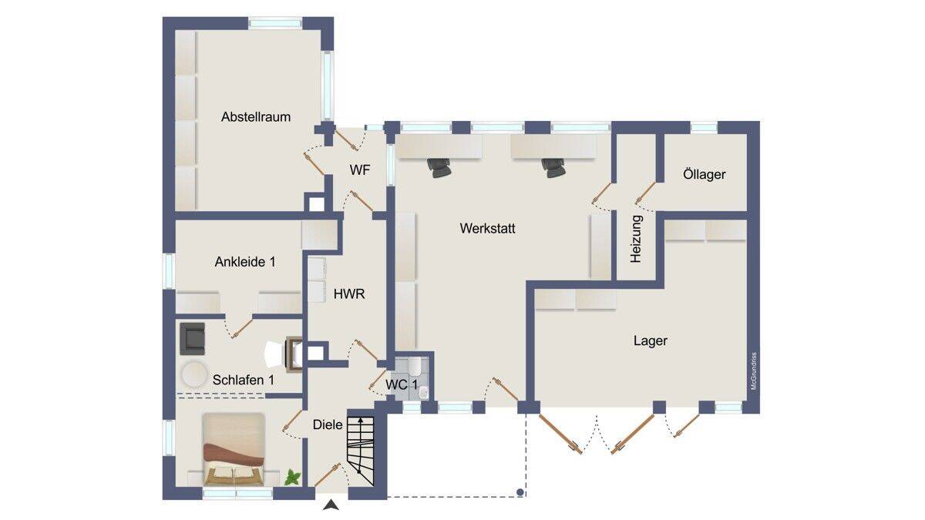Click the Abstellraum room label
coord(256,117)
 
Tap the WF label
coord(360,170)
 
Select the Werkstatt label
coord(487,228)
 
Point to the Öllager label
coord(704,174)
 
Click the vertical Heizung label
coord(636,240)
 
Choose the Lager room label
coord(651,341)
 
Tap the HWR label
coord(349,294)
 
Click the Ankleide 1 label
coord(245,262)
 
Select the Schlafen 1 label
coord(244,380)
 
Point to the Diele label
coord(328,424)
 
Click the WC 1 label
coord(402,385)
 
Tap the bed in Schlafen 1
coord(234,449)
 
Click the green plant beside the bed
coord(293,477)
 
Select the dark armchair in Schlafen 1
coord(193,339)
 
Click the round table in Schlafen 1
coord(194,374)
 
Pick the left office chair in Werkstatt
coord(439,168)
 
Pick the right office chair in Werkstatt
coord(553,168)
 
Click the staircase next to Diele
coord(361,451)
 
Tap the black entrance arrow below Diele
coord(331,505)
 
